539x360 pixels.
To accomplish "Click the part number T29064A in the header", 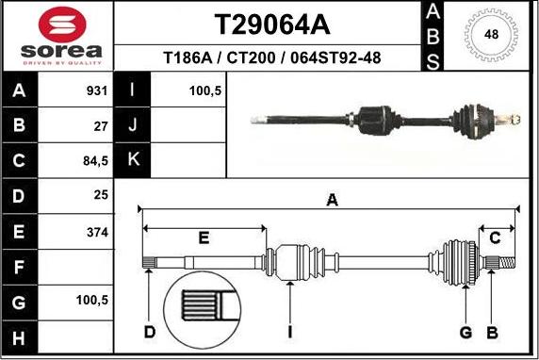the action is coord(272,23).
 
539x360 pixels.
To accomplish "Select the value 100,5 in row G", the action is coord(93,300).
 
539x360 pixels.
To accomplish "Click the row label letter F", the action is coord(21,266).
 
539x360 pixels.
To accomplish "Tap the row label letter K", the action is coord(133,160).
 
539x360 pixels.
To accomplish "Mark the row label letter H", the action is coord(21,335).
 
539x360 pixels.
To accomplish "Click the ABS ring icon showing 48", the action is coord(491,35).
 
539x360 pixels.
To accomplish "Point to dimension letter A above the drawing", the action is coord(331,199).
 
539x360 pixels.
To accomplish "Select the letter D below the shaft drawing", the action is coord(149,332).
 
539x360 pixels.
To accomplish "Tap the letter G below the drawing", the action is coord(465,332).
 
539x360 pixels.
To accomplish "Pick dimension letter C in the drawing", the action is coord(495,237).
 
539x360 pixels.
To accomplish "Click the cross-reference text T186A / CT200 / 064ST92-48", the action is coord(272,57).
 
